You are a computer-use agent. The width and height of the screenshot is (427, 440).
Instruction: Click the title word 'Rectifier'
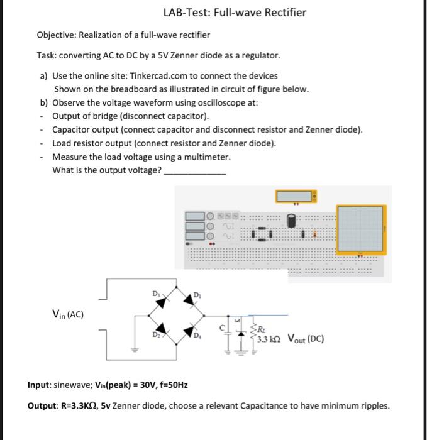coord(282,13)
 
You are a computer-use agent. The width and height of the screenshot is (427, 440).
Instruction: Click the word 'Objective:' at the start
coord(58,35)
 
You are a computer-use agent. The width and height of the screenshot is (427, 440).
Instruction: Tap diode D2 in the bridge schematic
coord(162,329)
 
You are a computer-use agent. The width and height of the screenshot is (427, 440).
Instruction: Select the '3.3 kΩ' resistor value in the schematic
coord(269,340)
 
